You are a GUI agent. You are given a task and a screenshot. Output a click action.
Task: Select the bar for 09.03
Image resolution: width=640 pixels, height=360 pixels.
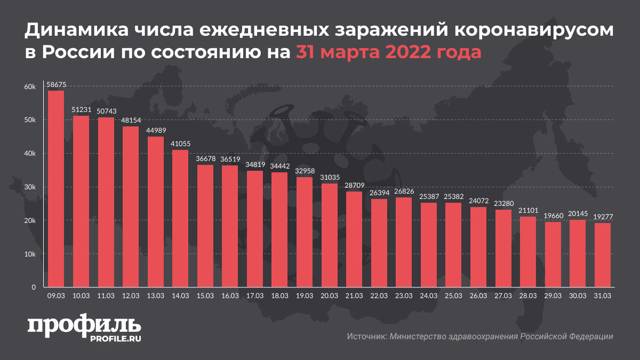(x=56, y=189)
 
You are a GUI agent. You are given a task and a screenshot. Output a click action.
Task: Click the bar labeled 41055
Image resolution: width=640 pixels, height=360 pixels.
(x=180, y=219)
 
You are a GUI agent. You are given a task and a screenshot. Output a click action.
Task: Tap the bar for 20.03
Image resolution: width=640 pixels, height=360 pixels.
(x=329, y=235)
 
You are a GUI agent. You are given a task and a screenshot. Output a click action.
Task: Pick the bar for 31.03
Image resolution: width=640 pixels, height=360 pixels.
(x=602, y=255)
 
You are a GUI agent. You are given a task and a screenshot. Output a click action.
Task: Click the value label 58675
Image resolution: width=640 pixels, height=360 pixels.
(x=56, y=84)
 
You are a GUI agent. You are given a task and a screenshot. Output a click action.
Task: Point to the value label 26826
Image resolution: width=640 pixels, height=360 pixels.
(x=404, y=191)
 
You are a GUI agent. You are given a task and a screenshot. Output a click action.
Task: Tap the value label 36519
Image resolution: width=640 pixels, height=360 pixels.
(x=230, y=159)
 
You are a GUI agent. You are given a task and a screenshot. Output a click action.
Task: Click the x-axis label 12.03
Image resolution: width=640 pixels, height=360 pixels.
(x=131, y=295)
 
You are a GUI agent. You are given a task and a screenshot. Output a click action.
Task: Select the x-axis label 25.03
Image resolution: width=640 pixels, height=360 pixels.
(x=453, y=295)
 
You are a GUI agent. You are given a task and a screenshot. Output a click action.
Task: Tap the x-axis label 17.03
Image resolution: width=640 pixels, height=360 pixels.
(x=255, y=295)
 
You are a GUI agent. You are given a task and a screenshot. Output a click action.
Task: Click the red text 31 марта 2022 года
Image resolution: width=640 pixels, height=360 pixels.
(x=388, y=53)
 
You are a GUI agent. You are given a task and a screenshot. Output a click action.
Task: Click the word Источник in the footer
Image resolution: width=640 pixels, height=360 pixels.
(x=366, y=337)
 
